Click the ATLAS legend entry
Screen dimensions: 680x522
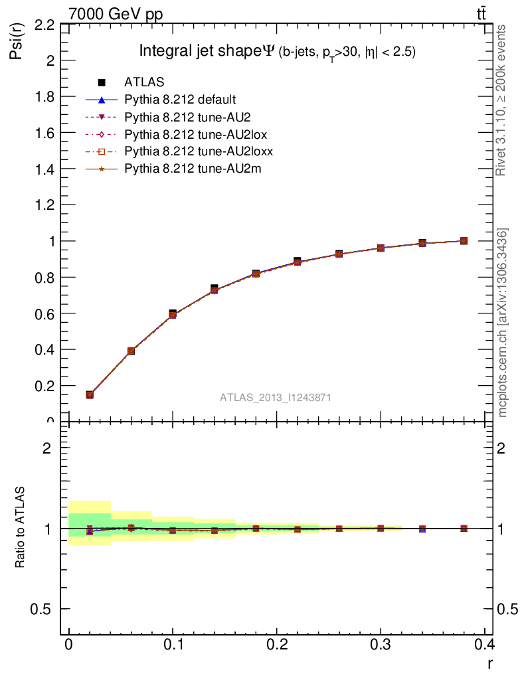point(144,82)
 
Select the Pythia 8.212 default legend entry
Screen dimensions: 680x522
point(179,100)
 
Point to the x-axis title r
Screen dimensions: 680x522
point(490,663)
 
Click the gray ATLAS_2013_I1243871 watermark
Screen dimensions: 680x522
point(276,397)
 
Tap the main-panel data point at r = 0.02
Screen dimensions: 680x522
point(90,394)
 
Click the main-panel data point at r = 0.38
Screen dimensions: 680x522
point(464,241)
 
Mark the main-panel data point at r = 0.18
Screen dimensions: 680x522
point(256,274)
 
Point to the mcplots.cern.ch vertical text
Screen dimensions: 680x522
point(503,323)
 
